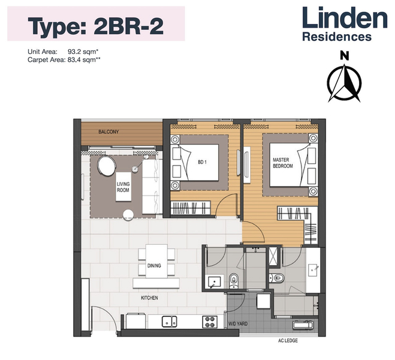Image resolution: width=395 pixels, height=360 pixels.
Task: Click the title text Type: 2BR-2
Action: [x=96, y=25]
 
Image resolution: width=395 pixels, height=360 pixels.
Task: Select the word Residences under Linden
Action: [x=336, y=37]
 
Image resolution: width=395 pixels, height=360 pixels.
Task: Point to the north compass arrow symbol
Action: [x=343, y=83]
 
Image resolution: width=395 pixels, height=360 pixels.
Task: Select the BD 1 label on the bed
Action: [x=201, y=163]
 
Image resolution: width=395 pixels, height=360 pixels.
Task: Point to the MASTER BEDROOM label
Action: [x=282, y=163]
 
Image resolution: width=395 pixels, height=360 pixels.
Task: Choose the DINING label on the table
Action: [x=154, y=265]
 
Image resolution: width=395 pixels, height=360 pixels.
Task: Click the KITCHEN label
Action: [x=149, y=297]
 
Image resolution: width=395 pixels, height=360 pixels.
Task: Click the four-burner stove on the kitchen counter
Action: [x=210, y=322]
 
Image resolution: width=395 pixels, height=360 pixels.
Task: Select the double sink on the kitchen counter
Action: [x=169, y=322]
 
